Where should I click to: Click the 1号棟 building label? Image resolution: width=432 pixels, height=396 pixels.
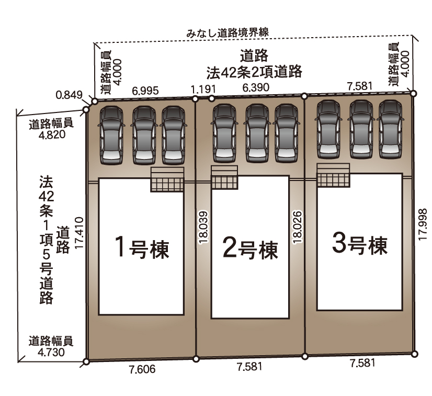click(x=142, y=247)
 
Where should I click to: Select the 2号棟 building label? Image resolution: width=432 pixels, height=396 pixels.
click(x=250, y=250)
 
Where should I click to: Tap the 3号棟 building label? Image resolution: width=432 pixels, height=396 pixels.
click(x=360, y=244)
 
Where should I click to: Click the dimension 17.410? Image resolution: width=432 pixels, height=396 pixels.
click(x=79, y=233)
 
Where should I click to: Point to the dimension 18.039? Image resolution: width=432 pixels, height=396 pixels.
click(x=203, y=228)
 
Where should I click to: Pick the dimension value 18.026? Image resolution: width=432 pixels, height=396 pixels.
click(x=298, y=227)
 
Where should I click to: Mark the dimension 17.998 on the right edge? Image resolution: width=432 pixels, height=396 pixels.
click(x=423, y=224)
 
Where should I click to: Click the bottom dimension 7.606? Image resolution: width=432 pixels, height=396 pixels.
click(x=142, y=369)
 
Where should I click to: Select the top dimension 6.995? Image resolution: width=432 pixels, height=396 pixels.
click(x=145, y=90)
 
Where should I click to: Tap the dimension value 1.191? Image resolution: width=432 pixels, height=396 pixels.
click(x=203, y=89)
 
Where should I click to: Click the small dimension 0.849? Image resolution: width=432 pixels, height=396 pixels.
click(x=69, y=95)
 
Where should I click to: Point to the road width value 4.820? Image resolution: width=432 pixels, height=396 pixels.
click(x=52, y=134)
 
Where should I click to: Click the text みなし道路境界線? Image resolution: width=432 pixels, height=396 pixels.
click(x=228, y=33)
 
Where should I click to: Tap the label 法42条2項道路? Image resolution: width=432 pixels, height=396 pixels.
click(x=254, y=72)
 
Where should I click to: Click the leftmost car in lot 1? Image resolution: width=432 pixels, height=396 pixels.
click(x=111, y=135)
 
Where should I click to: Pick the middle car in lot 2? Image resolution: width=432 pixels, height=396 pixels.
click(x=257, y=133)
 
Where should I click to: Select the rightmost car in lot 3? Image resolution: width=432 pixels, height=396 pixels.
click(x=390, y=129)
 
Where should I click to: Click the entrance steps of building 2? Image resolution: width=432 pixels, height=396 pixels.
click(x=224, y=177)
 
